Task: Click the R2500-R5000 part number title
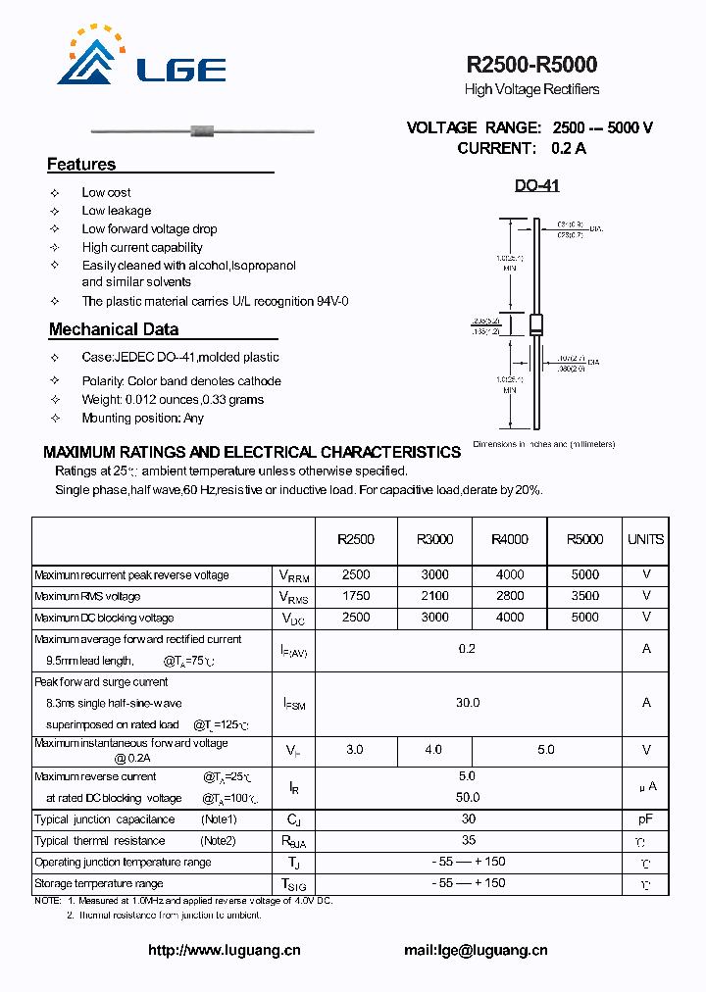pos(531,65)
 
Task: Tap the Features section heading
pos(81,165)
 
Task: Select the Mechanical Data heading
pos(114,329)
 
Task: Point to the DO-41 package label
pos(537,185)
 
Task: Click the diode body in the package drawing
pos(536,326)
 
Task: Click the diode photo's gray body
pos(203,130)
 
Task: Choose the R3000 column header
pos(434,539)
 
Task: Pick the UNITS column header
pos(645,539)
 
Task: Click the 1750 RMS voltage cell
pos(356,596)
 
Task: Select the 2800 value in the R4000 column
pos(510,596)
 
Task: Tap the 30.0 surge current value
pos(468,703)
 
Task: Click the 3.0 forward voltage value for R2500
pos(355,750)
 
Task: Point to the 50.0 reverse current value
pos(468,798)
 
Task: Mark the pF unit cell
pos(646,819)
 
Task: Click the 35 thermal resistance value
pos(468,841)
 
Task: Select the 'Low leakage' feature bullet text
pos(117,211)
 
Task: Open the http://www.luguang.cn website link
pos(224,950)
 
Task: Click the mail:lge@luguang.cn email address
pos(476,950)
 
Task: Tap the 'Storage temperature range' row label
pos(99,884)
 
